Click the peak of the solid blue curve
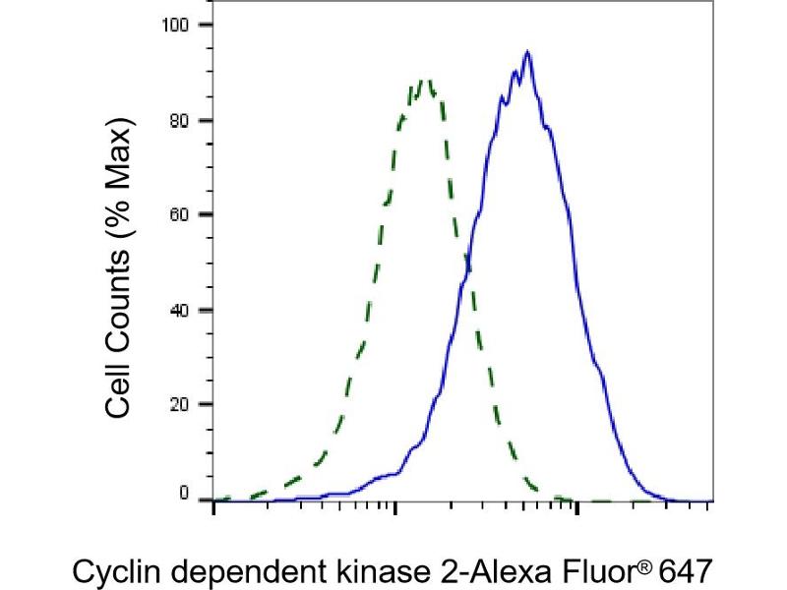[x=528, y=52]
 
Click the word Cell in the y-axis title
[x=118, y=386]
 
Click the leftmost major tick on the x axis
[x=214, y=507]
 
